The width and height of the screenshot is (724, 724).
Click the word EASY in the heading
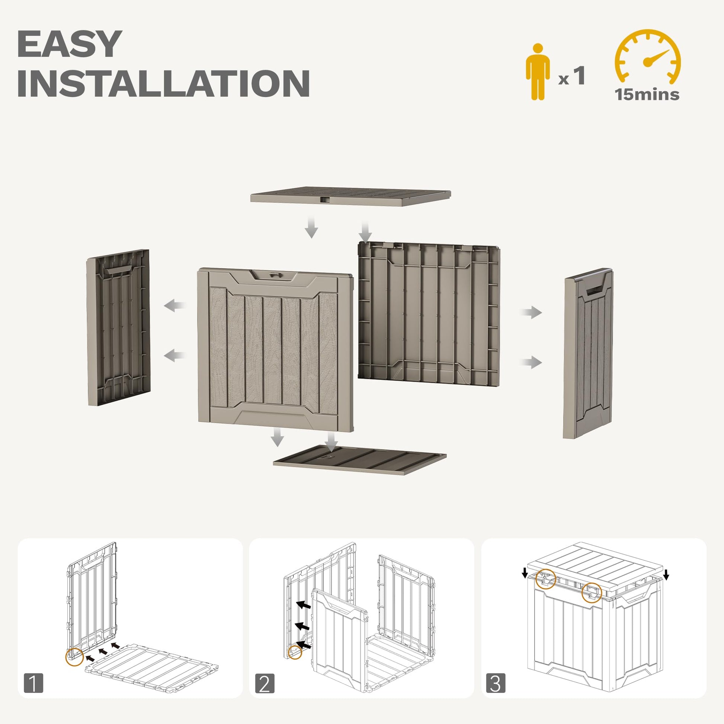70,44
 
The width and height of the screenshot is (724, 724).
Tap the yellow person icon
537,71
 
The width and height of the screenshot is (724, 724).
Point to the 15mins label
647,94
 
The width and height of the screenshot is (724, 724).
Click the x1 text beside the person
571,76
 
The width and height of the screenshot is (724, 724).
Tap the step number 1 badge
33,683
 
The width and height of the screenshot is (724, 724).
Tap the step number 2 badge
265,683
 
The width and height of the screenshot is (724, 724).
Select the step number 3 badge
496,683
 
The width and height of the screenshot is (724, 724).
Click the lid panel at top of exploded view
350,196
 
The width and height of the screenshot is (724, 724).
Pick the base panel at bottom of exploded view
360,460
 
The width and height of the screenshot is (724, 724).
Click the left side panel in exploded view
118,327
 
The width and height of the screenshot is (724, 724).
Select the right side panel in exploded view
587,353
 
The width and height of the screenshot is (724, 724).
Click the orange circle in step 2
295,652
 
